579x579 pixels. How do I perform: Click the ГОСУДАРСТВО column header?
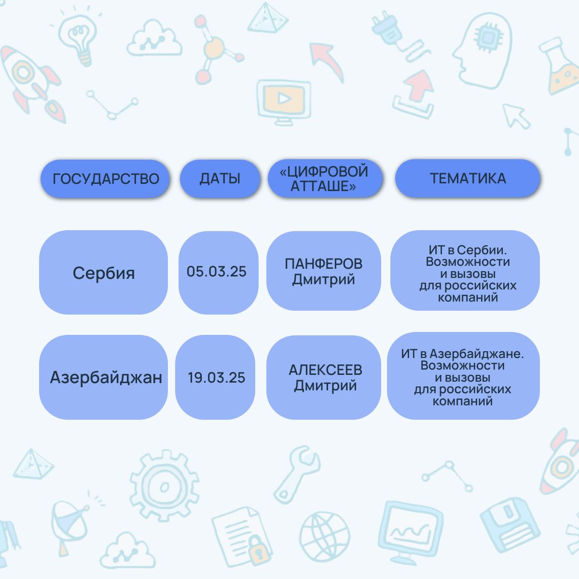105,179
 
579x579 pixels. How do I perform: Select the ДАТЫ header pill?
220,179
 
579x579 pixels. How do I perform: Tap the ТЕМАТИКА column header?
468,178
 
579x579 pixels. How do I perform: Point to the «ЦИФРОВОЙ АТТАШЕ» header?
325,178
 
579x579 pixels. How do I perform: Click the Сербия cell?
103,272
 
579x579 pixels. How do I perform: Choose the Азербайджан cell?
103,377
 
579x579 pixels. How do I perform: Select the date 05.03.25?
216,271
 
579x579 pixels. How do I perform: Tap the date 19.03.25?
216,377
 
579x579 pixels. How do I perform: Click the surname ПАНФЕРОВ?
324,263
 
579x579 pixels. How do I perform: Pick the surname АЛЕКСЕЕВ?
325,370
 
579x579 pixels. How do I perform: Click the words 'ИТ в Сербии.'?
468,250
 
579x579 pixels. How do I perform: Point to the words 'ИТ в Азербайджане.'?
462,354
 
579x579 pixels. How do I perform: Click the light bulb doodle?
78,39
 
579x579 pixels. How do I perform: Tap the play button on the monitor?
284,98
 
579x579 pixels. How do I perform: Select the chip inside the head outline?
488,37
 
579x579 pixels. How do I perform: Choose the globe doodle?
325,537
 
